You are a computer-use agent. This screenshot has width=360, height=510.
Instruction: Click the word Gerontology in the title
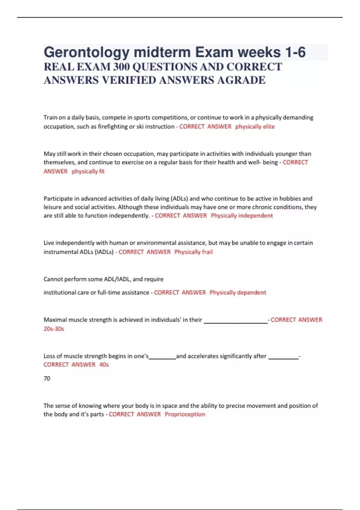(86, 52)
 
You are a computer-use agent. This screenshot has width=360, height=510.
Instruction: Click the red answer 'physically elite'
(255, 127)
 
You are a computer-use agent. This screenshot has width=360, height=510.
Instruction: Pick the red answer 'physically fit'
(88, 171)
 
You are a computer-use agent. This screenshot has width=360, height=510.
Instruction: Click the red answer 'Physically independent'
(242, 216)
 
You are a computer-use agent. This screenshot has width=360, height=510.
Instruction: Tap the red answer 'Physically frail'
(193, 252)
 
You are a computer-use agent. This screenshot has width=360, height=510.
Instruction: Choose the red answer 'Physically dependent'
(238, 292)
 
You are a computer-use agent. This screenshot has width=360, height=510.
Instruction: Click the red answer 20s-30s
(54, 329)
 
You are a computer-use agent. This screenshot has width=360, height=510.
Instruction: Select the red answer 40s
(104, 365)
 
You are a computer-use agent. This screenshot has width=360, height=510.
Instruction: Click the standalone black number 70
(47, 379)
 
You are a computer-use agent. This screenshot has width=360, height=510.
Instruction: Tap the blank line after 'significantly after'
(283, 358)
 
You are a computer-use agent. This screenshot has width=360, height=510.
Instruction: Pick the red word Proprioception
(185, 414)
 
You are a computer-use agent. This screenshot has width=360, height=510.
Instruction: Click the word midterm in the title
(162, 52)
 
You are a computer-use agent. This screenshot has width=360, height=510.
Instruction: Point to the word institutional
(62, 292)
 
